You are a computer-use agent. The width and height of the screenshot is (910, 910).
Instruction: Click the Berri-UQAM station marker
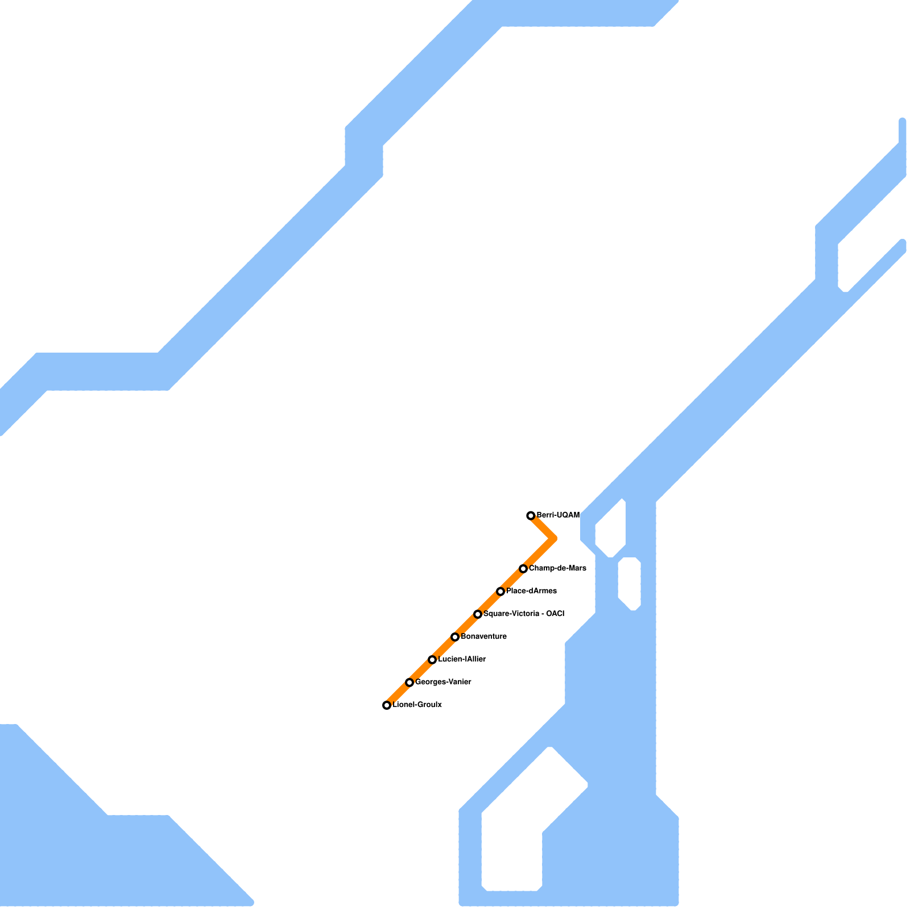(x=531, y=516)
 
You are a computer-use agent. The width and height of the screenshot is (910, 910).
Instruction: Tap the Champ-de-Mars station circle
(x=523, y=569)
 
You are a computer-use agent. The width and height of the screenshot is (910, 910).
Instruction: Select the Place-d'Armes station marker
(x=500, y=591)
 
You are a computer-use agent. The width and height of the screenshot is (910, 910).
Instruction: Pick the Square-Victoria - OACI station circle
(x=478, y=614)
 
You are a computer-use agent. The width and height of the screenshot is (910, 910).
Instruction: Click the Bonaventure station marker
(x=455, y=637)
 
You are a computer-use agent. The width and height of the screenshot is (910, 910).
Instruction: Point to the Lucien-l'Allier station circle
(x=432, y=660)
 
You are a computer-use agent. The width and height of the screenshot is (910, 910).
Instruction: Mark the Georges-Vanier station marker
(x=409, y=682)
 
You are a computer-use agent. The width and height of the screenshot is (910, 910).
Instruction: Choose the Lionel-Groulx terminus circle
(x=387, y=705)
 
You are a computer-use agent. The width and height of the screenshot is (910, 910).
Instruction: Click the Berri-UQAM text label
(x=558, y=515)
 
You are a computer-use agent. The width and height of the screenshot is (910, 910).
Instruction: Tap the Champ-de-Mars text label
(x=557, y=568)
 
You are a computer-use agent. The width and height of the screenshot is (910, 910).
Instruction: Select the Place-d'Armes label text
(x=531, y=591)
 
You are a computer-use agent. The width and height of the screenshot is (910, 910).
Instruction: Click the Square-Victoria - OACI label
(x=524, y=614)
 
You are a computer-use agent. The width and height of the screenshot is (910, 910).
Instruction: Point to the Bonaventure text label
(x=483, y=636)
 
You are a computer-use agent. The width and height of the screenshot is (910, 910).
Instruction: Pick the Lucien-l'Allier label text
(x=462, y=659)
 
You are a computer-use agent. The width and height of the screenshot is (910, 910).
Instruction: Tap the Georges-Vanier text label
(x=443, y=682)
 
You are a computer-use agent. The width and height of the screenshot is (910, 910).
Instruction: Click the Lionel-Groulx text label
(x=417, y=705)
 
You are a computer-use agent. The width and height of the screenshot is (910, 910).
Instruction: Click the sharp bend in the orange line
(x=553, y=538)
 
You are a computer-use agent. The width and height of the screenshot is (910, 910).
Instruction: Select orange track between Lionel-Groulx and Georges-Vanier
(x=398, y=694)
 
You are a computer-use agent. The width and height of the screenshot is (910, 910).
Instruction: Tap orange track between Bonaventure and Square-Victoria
(x=466, y=626)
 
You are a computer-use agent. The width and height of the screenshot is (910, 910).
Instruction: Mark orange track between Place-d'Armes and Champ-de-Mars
(x=512, y=580)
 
